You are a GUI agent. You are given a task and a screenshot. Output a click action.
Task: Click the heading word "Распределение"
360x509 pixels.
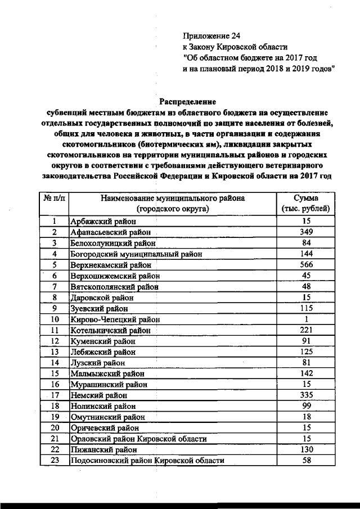tap(187, 102)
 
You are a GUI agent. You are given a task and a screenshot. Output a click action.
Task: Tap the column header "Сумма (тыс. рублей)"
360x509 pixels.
tap(305, 204)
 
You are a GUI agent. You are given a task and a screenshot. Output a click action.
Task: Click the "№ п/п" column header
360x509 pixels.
tap(55, 199)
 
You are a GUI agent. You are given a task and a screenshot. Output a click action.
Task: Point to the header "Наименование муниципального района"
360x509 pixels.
tap(173, 199)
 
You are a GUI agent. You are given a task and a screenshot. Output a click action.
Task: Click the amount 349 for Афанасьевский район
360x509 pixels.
tap(305, 232)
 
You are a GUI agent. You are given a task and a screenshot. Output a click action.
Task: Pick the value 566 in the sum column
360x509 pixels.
tap(305, 264)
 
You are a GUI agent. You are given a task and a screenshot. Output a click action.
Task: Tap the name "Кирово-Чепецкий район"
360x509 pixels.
tap(115, 319)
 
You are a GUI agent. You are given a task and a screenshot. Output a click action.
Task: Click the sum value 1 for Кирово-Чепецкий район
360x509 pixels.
tap(305, 319)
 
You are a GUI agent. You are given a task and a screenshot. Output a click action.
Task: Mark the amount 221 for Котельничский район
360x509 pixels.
tap(305, 330)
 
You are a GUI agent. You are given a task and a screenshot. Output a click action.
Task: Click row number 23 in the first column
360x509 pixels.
tap(55, 461)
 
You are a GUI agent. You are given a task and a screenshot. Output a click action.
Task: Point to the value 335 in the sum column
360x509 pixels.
tap(305, 395)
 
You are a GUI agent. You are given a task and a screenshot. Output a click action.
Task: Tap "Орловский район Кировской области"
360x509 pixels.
tap(138, 439)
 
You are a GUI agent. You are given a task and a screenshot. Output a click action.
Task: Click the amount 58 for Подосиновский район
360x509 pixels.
tap(305, 461)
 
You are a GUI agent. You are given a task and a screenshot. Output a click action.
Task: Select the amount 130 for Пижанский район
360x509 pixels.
tap(305, 450)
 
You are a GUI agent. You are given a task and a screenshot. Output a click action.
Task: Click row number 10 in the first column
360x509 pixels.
tap(55, 319)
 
